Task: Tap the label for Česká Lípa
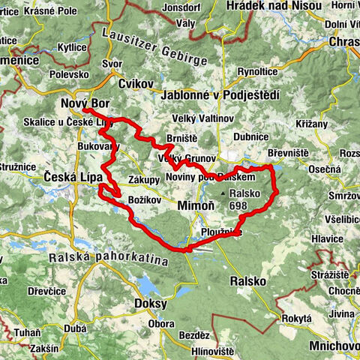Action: (x=70, y=177)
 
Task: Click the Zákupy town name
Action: (x=143, y=181)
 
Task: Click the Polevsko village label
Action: (x=70, y=75)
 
